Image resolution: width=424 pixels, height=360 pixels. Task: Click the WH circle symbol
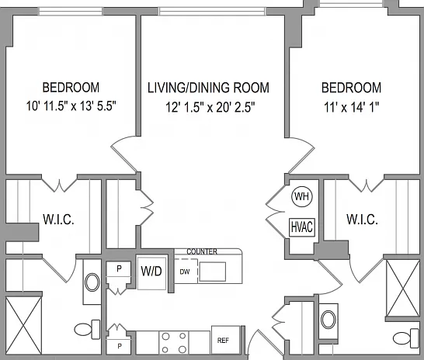click(x=302, y=196)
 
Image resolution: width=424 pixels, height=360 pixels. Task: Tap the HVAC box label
click(x=302, y=227)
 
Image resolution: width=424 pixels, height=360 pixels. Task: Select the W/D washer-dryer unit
click(x=151, y=272)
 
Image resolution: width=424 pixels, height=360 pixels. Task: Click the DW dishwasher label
click(x=185, y=272)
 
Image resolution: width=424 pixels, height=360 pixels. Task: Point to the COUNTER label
click(x=202, y=251)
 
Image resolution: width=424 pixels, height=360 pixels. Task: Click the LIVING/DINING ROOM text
click(x=208, y=88)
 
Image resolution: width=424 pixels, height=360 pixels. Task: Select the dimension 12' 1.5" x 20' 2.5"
click(x=210, y=108)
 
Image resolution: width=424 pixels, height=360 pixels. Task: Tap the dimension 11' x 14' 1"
click(x=352, y=108)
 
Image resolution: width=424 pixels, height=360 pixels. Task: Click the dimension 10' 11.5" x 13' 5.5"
click(x=71, y=106)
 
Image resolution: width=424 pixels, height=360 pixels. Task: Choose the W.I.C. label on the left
click(x=58, y=220)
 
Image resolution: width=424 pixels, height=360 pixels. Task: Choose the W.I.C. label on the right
click(x=363, y=220)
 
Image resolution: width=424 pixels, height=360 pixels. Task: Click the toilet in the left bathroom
click(x=87, y=330)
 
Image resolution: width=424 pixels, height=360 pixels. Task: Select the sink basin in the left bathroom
click(x=92, y=282)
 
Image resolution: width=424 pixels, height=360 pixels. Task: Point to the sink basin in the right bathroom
click(x=328, y=320)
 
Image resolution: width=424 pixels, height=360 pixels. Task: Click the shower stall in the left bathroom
click(x=23, y=325)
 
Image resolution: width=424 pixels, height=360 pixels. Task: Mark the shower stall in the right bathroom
click(x=403, y=288)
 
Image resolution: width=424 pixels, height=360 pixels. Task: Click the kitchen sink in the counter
click(x=213, y=272)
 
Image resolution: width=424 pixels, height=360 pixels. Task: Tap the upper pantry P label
click(x=119, y=268)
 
